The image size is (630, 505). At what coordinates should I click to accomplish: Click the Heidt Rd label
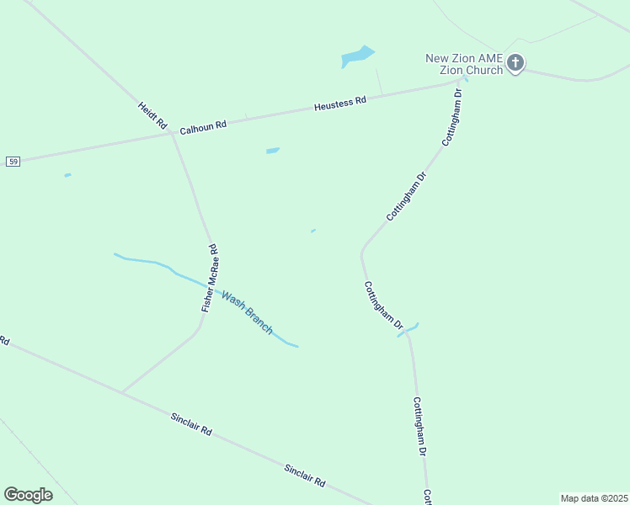pos(152,115)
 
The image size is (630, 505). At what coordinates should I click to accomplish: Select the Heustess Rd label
pos(340,104)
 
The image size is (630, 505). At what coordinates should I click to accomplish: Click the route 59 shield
pos(13,161)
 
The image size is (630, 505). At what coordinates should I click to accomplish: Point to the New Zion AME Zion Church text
pos(464,64)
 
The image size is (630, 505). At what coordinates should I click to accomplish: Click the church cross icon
pos(515,62)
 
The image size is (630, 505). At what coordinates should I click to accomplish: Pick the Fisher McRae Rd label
pos(210,279)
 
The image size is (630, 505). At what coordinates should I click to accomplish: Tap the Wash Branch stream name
pos(247,311)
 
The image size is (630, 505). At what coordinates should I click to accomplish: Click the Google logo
pos(28,494)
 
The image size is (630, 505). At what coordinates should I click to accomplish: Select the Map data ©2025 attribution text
pos(594,498)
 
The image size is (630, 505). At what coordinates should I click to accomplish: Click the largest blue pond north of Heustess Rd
pos(356,56)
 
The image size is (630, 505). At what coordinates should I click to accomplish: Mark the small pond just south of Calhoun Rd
pos(272,151)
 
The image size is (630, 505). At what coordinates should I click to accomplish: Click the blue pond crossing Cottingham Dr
pos(408,331)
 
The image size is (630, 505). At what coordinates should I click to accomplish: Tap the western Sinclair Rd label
pos(191,423)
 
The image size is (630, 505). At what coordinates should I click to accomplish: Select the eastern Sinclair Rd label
pos(304,476)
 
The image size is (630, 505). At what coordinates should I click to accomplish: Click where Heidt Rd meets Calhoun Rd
pos(172,133)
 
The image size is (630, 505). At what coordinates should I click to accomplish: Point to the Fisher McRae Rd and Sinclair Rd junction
pos(122,391)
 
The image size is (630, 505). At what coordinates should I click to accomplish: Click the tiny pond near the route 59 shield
pos(67,175)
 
